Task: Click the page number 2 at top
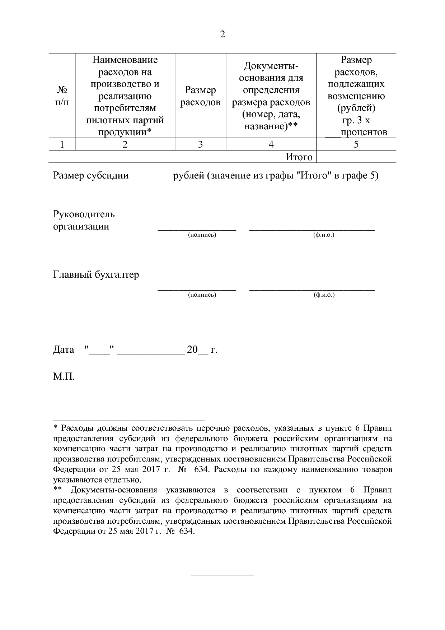click(222, 35)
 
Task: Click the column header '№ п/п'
click(62, 96)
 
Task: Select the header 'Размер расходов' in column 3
click(200, 96)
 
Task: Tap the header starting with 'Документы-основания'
click(271, 96)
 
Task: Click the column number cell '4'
click(271, 144)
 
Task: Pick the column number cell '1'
click(62, 144)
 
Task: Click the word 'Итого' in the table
click(299, 157)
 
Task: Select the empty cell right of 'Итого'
click(356, 157)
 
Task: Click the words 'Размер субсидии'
click(91, 176)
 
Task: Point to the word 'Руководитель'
click(84, 214)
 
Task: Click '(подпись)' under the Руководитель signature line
click(202, 235)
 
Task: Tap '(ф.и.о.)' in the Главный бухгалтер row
click(324, 295)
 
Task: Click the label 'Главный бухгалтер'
click(96, 275)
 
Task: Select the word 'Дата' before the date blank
click(64, 349)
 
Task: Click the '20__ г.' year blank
click(202, 349)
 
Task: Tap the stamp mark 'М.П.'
click(64, 377)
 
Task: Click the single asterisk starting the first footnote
click(55, 428)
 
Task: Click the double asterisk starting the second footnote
click(57, 490)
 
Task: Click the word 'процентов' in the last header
click(364, 133)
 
